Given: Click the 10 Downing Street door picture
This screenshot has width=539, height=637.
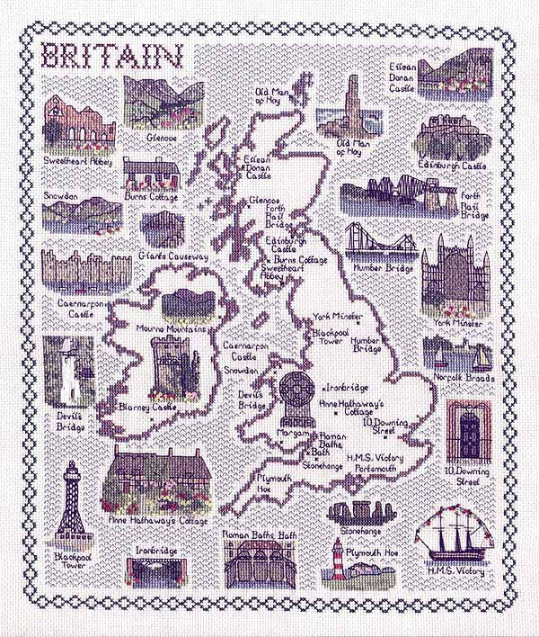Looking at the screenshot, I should [x=467, y=432].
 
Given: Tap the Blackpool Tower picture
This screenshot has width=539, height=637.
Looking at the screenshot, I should [x=69, y=505].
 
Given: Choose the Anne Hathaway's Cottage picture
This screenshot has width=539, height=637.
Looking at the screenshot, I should [x=156, y=482].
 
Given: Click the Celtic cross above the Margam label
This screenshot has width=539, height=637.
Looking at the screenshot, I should [x=295, y=396].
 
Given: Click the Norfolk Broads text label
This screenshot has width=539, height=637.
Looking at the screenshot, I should [x=457, y=379].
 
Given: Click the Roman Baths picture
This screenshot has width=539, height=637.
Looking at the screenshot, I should [x=259, y=563].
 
